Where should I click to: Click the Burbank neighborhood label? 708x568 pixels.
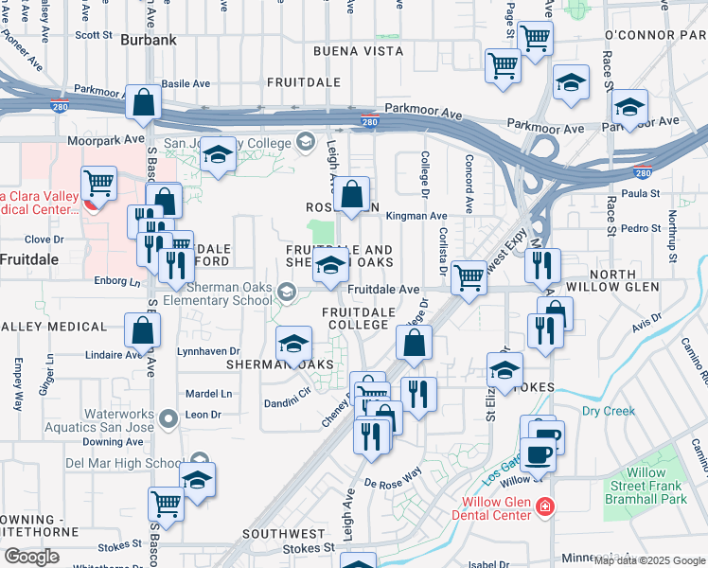150,40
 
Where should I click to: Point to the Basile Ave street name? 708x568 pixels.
186,84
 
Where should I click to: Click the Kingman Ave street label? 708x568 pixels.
417,217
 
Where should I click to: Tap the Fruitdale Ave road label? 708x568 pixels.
383,290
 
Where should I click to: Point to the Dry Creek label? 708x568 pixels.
608,411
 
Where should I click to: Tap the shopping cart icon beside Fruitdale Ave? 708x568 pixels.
469,276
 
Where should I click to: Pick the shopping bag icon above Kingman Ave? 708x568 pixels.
351,195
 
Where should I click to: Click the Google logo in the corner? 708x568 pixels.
31,557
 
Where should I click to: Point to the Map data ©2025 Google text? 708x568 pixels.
649,560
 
